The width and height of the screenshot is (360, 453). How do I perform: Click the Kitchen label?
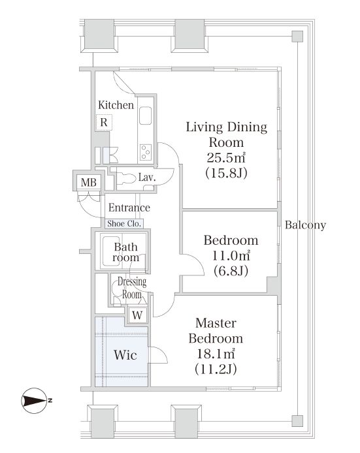[x=116, y=105]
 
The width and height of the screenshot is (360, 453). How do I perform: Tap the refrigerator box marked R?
[x=104, y=122]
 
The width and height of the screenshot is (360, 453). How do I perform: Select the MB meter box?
[x=88, y=182]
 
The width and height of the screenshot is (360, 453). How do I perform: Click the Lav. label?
[x=147, y=177]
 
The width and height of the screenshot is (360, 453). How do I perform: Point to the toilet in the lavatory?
[x=126, y=178]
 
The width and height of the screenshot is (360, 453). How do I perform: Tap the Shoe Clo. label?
[x=124, y=224]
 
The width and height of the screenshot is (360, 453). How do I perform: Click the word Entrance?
[x=129, y=208]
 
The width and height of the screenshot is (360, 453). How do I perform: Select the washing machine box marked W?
[x=137, y=315]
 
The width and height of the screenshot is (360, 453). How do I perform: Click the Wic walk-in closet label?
[x=125, y=355]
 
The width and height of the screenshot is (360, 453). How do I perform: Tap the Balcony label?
[x=305, y=225]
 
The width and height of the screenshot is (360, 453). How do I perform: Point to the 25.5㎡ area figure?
[x=226, y=157]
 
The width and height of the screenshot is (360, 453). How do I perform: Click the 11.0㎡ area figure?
[x=231, y=255]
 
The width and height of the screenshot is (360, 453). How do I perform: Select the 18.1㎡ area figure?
[x=216, y=353]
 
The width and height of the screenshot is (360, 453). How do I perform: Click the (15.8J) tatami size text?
[x=227, y=173]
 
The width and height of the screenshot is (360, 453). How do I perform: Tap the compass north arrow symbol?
[x=34, y=400]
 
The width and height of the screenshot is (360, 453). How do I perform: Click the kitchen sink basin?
[x=145, y=116]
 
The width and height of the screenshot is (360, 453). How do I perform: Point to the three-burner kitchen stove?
[x=146, y=151]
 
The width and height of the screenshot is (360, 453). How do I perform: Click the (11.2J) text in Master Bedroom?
[x=216, y=369]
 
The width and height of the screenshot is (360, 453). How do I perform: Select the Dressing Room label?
[x=132, y=288]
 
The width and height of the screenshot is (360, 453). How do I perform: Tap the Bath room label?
[x=126, y=252]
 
